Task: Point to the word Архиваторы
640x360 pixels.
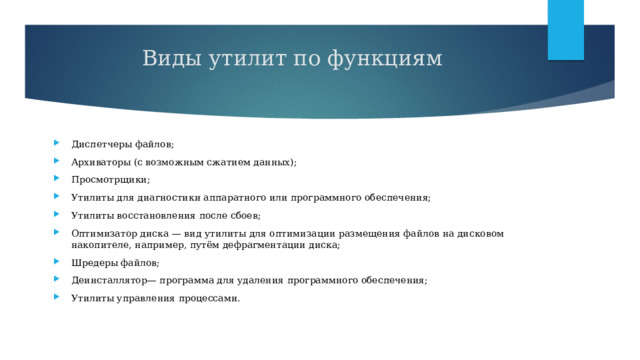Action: point(102,162)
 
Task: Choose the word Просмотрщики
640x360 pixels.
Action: point(109,180)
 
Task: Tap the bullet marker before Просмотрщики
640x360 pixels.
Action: point(61,180)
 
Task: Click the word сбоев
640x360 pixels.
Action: point(245,216)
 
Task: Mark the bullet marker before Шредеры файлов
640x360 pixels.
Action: point(61,262)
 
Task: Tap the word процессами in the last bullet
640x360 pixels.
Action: point(208,298)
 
